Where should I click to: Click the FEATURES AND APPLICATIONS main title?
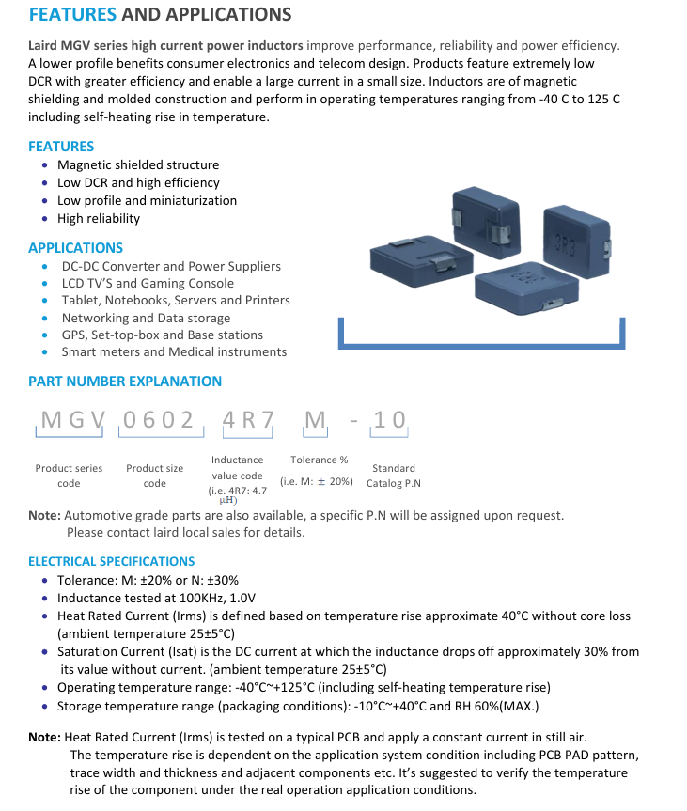[x=160, y=15]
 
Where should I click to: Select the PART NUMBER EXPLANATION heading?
[x=125, y=382]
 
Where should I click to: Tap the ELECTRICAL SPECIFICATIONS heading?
[x=111, y=561]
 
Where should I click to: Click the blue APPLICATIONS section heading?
[x=75, y=248]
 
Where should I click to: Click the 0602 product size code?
[x=159, y=420]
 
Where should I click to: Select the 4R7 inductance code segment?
[x=247, y=420]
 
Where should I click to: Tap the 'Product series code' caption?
[x=69, y=476]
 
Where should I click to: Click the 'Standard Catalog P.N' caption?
[x=394, y=476]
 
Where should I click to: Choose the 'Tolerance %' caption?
[x=320, y=460]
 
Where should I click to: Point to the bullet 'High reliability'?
[x=99, y=218]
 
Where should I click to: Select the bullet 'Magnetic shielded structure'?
[x=138, y=164]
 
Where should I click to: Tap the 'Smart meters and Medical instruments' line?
[x=174, y=351]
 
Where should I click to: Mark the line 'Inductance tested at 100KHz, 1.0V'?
[x=156, y=598]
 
